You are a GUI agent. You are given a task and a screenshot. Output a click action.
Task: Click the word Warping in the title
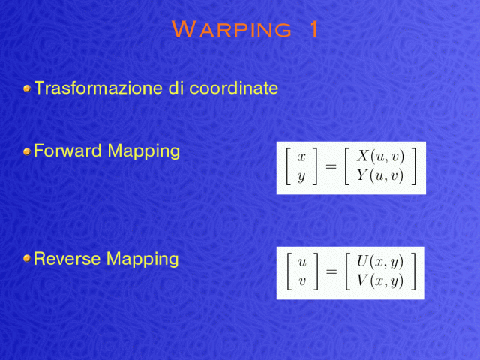232,29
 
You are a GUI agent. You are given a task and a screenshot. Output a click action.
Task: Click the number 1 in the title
314,29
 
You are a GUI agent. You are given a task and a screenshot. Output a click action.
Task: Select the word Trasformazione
99,88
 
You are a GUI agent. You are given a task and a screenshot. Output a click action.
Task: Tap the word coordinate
234,88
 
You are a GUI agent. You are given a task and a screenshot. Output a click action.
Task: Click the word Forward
67,151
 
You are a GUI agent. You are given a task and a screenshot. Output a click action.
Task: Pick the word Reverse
67,259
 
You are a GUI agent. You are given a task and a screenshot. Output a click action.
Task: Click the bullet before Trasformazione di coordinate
27,88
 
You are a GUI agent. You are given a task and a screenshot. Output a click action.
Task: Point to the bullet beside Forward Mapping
27,151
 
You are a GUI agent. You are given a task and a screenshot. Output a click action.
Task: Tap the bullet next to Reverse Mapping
27,259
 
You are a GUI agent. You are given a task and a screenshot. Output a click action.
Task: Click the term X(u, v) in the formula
380,156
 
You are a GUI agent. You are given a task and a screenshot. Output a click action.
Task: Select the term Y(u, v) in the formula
380,176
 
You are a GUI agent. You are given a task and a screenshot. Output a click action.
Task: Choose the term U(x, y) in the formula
380,262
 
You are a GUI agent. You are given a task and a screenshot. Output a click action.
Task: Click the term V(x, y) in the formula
380,281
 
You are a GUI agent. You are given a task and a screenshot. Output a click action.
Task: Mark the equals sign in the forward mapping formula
331,166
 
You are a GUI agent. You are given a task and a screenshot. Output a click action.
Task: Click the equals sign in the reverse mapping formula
331,271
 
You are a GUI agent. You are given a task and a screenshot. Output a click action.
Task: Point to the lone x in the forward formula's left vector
301,157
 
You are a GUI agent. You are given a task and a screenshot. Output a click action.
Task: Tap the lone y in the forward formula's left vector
301,177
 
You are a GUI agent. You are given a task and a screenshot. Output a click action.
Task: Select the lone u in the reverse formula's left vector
302,262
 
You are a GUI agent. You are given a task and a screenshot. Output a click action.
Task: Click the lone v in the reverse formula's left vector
302,281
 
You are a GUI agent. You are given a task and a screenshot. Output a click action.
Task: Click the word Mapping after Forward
143,152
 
